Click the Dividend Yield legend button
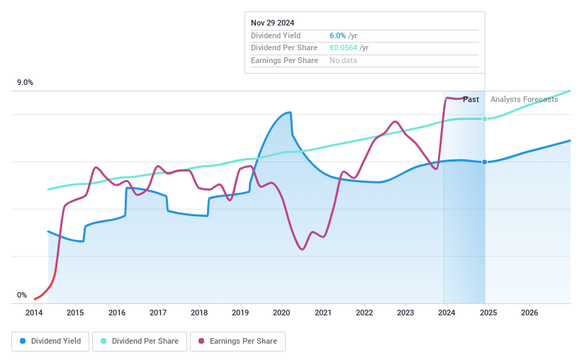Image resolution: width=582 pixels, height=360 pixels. point(50,341)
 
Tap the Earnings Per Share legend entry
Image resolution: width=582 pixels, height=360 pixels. point(237,341)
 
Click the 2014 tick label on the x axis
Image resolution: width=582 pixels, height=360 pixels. point(34,313)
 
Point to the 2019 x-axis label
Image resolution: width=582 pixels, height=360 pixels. point(240,313)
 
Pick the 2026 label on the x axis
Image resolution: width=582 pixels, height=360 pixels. point(530,313)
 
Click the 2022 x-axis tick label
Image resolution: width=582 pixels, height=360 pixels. point(364,313)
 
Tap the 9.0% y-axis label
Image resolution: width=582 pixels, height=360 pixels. point(25,83)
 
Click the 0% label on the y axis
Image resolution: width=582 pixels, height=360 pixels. point(22,295)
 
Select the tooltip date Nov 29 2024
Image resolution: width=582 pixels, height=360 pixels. point(273,23)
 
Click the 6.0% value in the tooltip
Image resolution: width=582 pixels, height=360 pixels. point(338,35)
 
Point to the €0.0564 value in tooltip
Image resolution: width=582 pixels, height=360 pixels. point(344,48)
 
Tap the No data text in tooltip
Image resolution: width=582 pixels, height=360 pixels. point(343,60)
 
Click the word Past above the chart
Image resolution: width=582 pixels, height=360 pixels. point(471,99)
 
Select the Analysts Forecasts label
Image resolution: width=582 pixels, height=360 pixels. point(524,99)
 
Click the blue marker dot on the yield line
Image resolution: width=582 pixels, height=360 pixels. point(485,162)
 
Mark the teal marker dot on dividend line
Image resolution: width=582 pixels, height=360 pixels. point(485,118)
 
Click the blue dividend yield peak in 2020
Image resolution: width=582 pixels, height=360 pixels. point(289,112)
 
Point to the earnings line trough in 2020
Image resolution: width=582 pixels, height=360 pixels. point(302,249)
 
